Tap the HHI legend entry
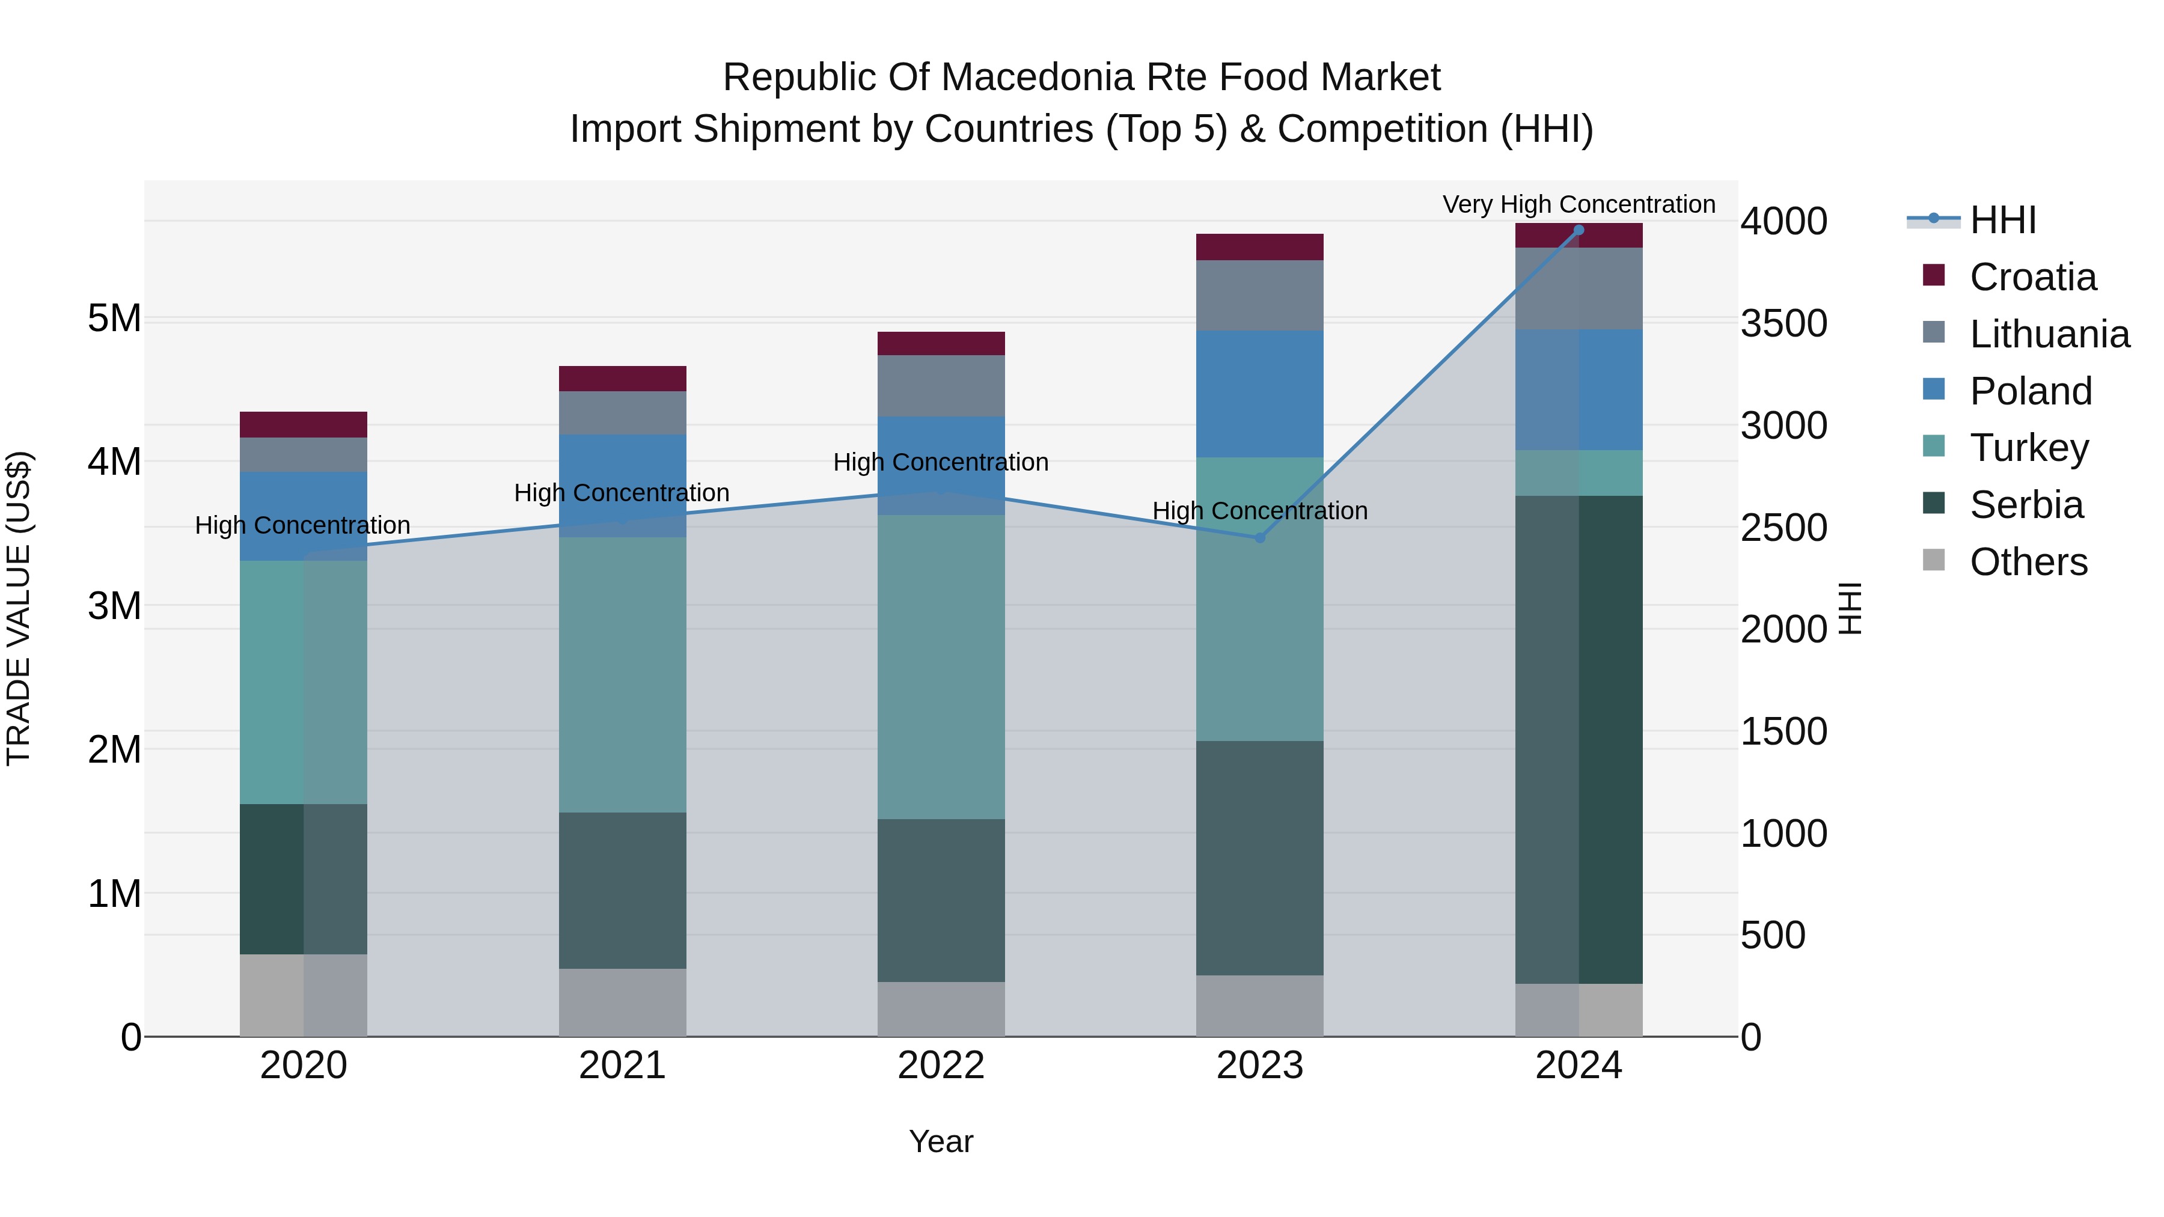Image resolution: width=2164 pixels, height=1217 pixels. pyautogui.click(x=2002, y=220)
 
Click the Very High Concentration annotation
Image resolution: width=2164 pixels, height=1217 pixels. pyautogui.click(x=1579, y=204)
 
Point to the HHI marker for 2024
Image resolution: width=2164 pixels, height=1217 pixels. pyautogui.click(x=1579, y=230)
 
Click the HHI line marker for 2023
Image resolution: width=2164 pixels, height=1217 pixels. pyautogui.click(x=1259, y=537)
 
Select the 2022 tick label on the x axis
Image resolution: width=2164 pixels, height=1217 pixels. pyautogui.click(x=941, y=1066)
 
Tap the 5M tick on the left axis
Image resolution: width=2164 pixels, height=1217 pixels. pyautogui.click(x=114, y=319)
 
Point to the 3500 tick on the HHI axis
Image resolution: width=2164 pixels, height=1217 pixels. pyautogui.click(x=1783, y=323)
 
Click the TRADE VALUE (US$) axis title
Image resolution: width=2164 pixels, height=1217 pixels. pyautogui.click(x=19, y=608)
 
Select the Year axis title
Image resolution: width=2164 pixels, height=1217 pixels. pyautogui.click(x=941, y=1141)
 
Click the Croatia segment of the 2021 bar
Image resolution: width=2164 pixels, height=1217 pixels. pyautogui.click(x=623, y=379)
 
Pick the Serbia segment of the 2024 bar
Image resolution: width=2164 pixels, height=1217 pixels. pyautogui.click(x=1579, y=739)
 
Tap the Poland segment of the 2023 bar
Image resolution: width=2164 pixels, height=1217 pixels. pyautogui.click(x=1259, y=394)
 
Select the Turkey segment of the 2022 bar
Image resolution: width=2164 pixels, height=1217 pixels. pyautogui.click(x=941, y=667)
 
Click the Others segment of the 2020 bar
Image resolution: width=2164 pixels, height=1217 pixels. pyautogui.click(x=304, y=995)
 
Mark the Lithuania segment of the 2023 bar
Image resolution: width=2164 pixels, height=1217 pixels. pyautogui.click(x=1259, y=296)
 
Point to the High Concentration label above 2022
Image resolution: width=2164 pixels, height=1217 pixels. pyautogui.click(x=941, y=462)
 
